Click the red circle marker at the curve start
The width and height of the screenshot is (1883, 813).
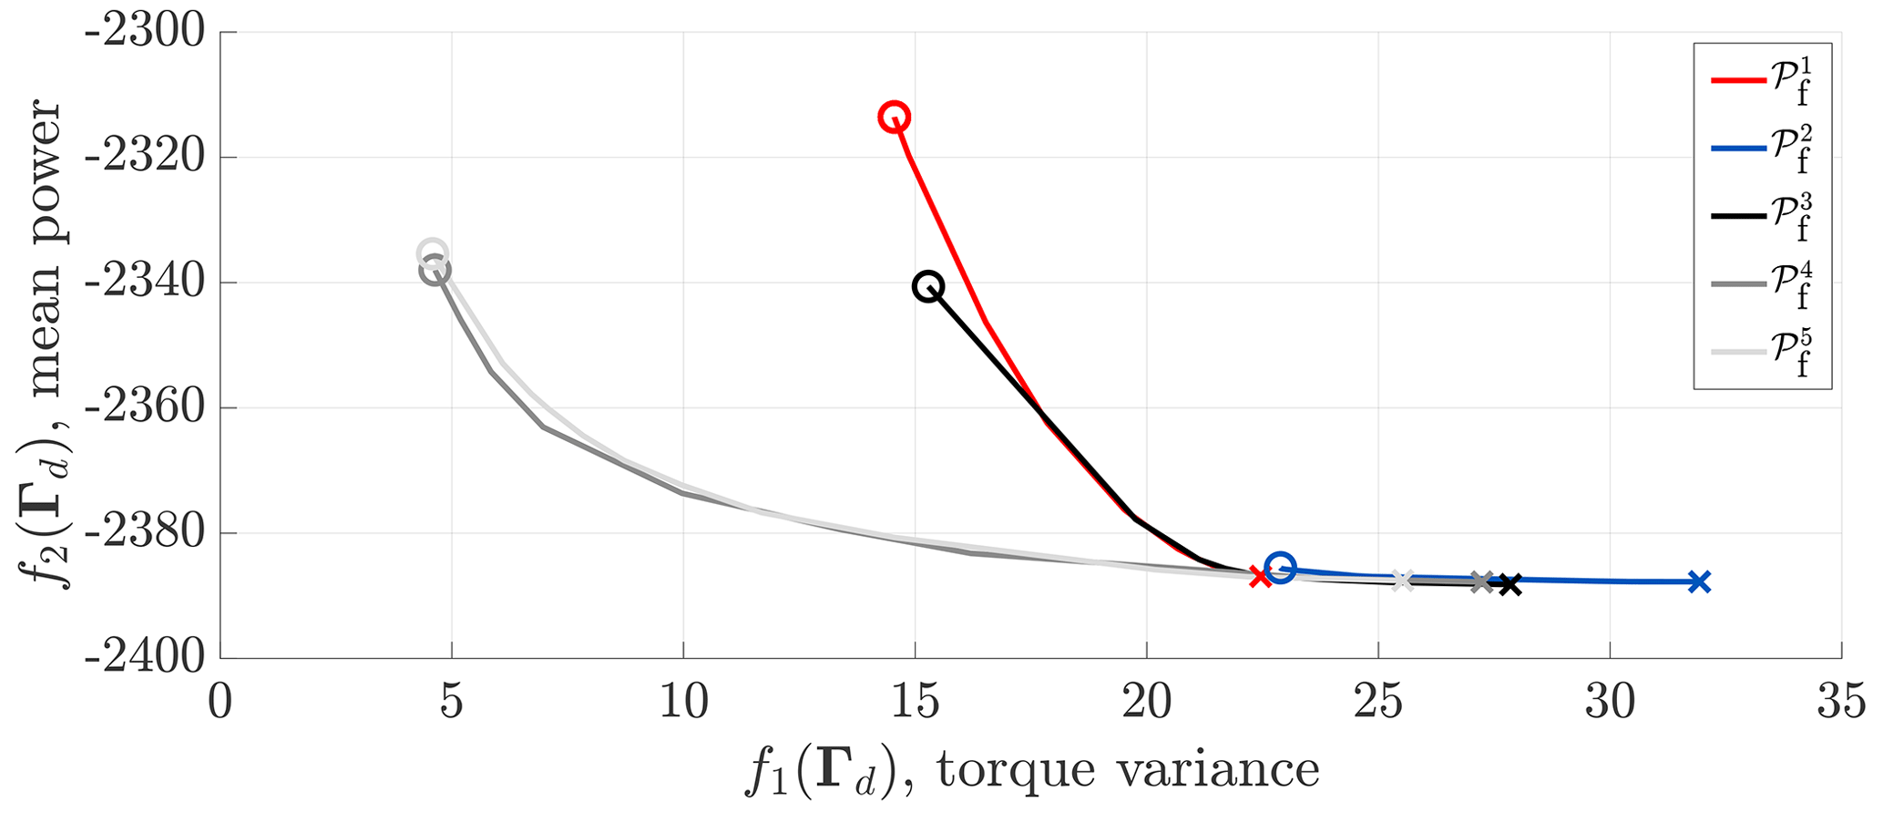click(894, 117)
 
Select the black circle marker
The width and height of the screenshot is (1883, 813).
click(927, 287)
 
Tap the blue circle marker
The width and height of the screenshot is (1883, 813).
click(1280, 568)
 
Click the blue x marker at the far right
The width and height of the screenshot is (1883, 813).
click(1699, 581)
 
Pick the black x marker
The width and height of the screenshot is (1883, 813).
click(1509, 584)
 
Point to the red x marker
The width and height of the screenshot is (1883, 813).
click(1260, 576)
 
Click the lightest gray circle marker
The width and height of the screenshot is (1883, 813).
click(432, 252)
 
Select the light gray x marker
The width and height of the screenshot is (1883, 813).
click(1403, 581)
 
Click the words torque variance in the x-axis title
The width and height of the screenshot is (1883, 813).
click(1128, 770)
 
